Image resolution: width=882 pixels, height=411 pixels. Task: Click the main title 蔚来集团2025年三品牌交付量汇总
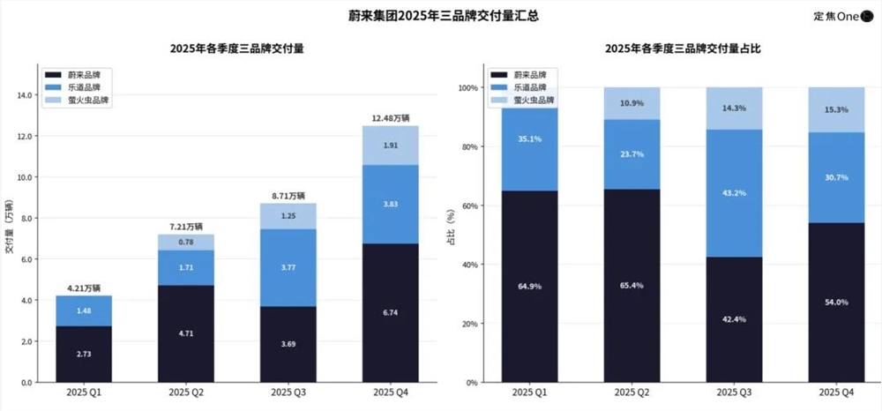[x=440, y=16]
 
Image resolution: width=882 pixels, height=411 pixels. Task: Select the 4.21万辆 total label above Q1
[x=84, y=288]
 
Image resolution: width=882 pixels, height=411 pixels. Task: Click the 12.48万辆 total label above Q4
[x=391, y=117]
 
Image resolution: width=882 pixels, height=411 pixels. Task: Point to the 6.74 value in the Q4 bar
[x=391, y=312]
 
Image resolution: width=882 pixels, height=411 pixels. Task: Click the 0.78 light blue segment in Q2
[x=186, y=243]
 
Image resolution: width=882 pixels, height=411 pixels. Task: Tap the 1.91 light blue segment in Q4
[x=391, y=145]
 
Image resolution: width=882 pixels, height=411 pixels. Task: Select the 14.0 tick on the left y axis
[x=25, y=95]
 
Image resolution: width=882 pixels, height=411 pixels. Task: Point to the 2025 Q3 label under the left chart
[x=288, y=392]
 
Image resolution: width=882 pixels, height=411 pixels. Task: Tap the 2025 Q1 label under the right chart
[x=527, y=392]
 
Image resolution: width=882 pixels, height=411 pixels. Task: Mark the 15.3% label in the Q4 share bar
[x=834, y=109]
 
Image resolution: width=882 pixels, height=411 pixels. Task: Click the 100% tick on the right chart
[x=467, y=88]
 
